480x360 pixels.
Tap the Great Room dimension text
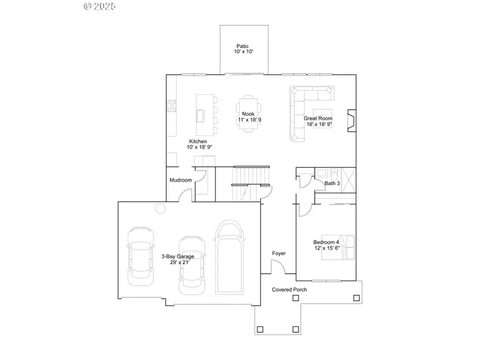(x=319, y=124)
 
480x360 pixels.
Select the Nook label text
(x=247, y=114)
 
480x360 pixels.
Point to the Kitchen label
(x=198, y=141)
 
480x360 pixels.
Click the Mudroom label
(x=180, y=180)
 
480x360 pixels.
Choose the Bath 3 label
(x=332, y=183)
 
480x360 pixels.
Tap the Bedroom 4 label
(x=326, y=243)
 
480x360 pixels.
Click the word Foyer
(x=278, y=253)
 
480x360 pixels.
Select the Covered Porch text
(x=290, y=290)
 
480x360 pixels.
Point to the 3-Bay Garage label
(x=178, y=257)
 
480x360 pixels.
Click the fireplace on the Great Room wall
(x=350, y=121)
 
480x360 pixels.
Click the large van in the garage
(x=228, y=258)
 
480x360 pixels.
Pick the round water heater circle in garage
(x=160, y=209)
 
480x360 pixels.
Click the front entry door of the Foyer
(x=278, y=267)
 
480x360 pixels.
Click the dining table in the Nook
(x=249, y=114)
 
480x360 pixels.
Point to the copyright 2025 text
(x=100, y=6)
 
